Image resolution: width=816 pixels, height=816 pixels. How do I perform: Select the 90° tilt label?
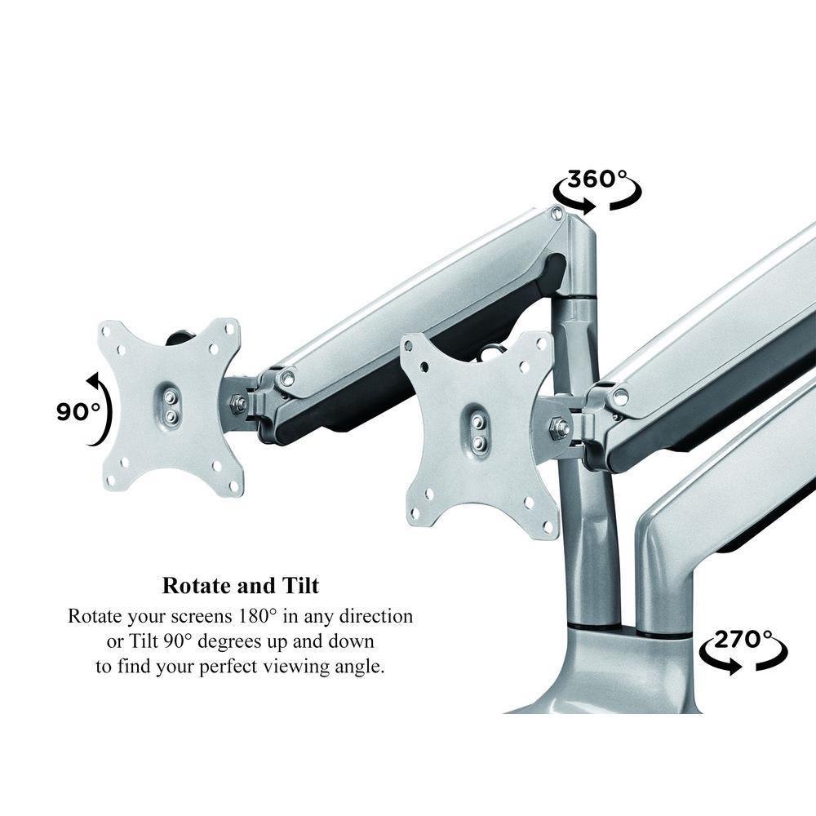pyautogui.click(x=78, y=411)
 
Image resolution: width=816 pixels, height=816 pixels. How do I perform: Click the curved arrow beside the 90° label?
pyautogui.click(x=101, y=409)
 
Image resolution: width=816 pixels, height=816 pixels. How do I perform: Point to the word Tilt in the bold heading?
pyautogui.click(x=301, y=585)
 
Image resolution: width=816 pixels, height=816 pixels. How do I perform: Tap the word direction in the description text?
pyautogui.click(x=375, y=616)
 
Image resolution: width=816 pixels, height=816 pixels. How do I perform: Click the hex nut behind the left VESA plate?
pyautogui.click(x=238, y=403)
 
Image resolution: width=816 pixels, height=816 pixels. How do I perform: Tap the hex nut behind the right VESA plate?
pyautogui.click(x=559, y=427)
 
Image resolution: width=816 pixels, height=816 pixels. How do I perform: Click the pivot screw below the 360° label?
pyautogui.click(x=557, y=212)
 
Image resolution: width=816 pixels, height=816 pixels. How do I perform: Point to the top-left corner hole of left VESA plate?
pyautogui.click(x=105, y=330)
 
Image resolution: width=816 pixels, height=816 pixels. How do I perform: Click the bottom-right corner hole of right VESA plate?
pyautogui.click(x=548, y=529)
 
